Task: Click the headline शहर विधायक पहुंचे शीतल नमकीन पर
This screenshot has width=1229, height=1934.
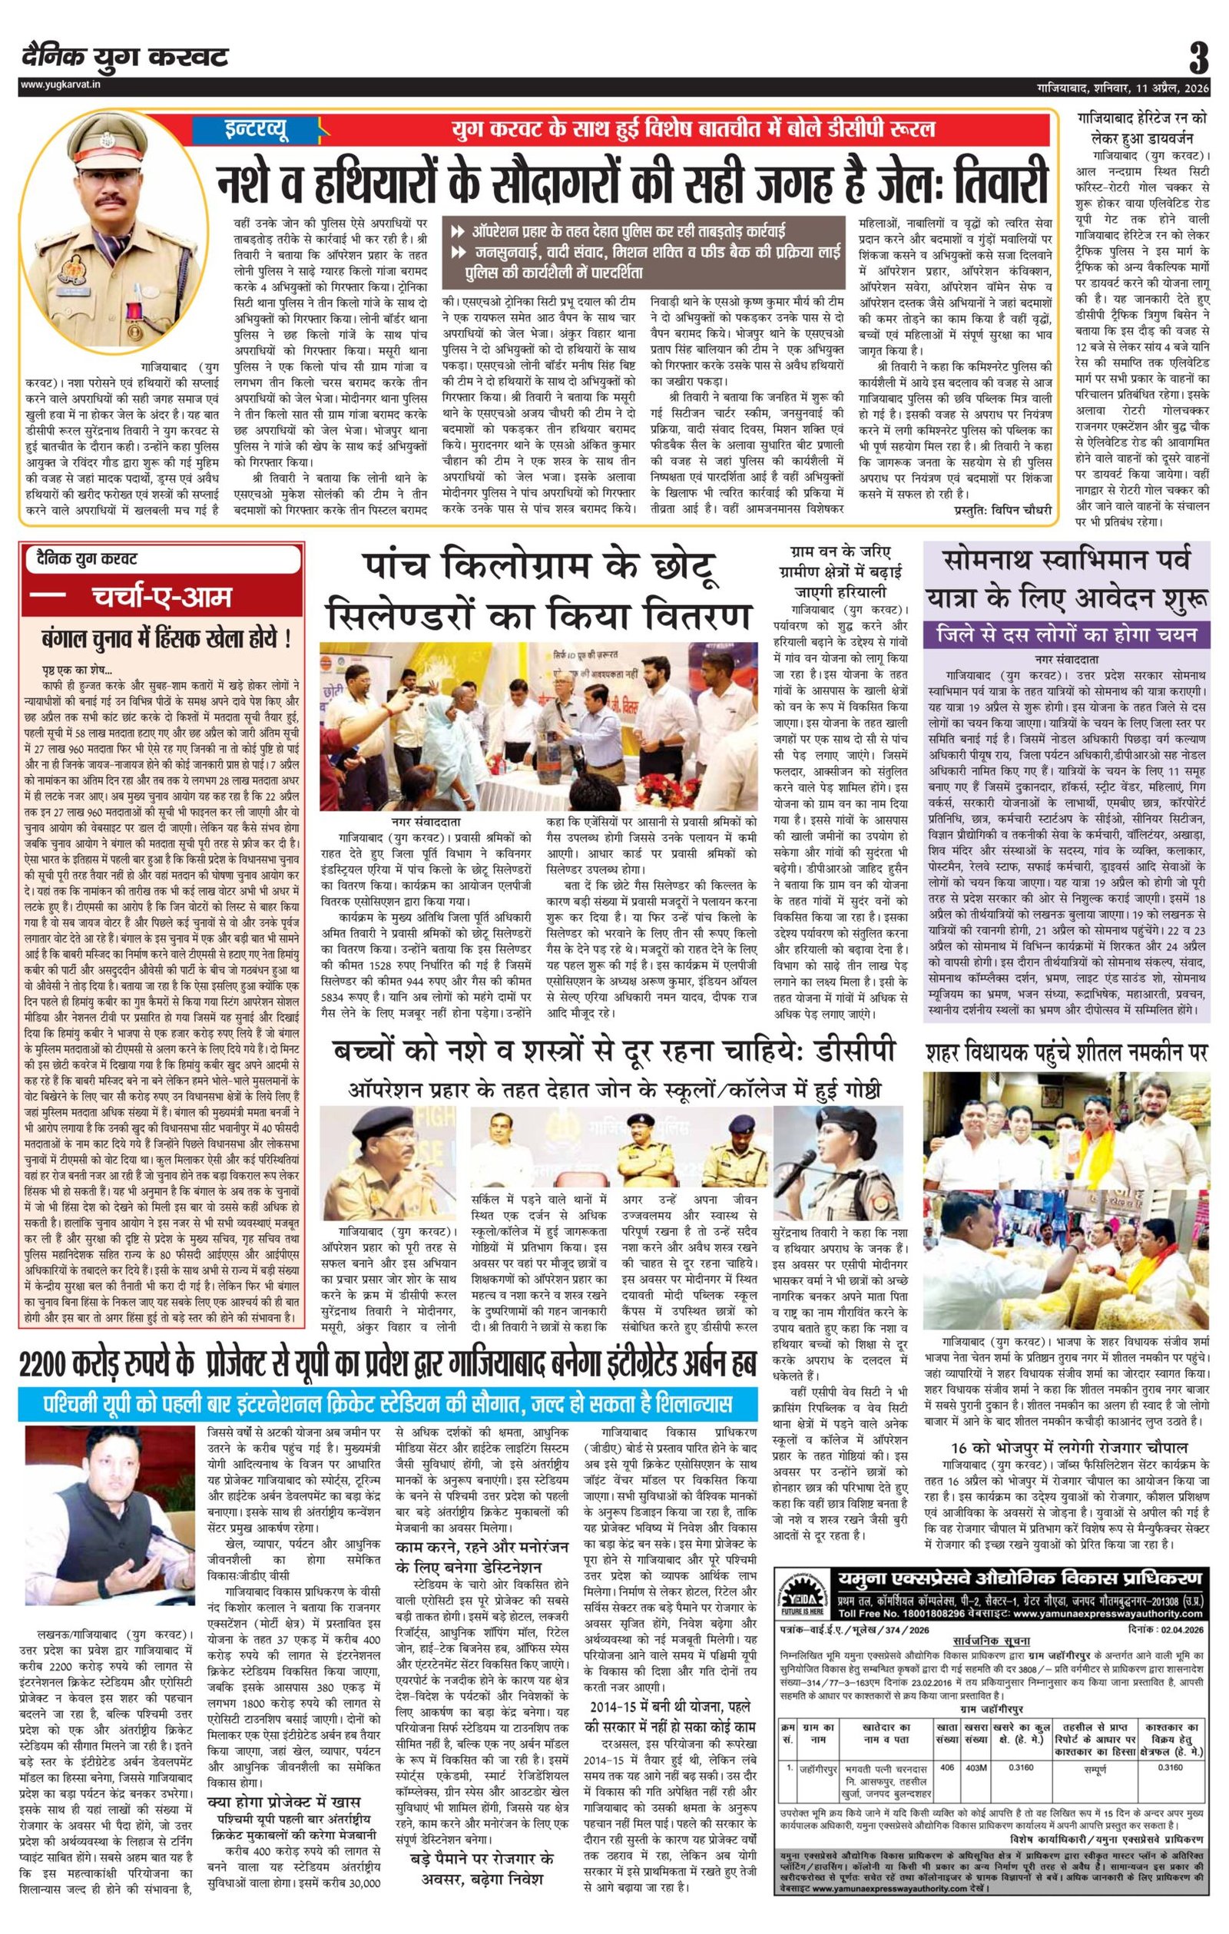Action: [x=1067, y=1050]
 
